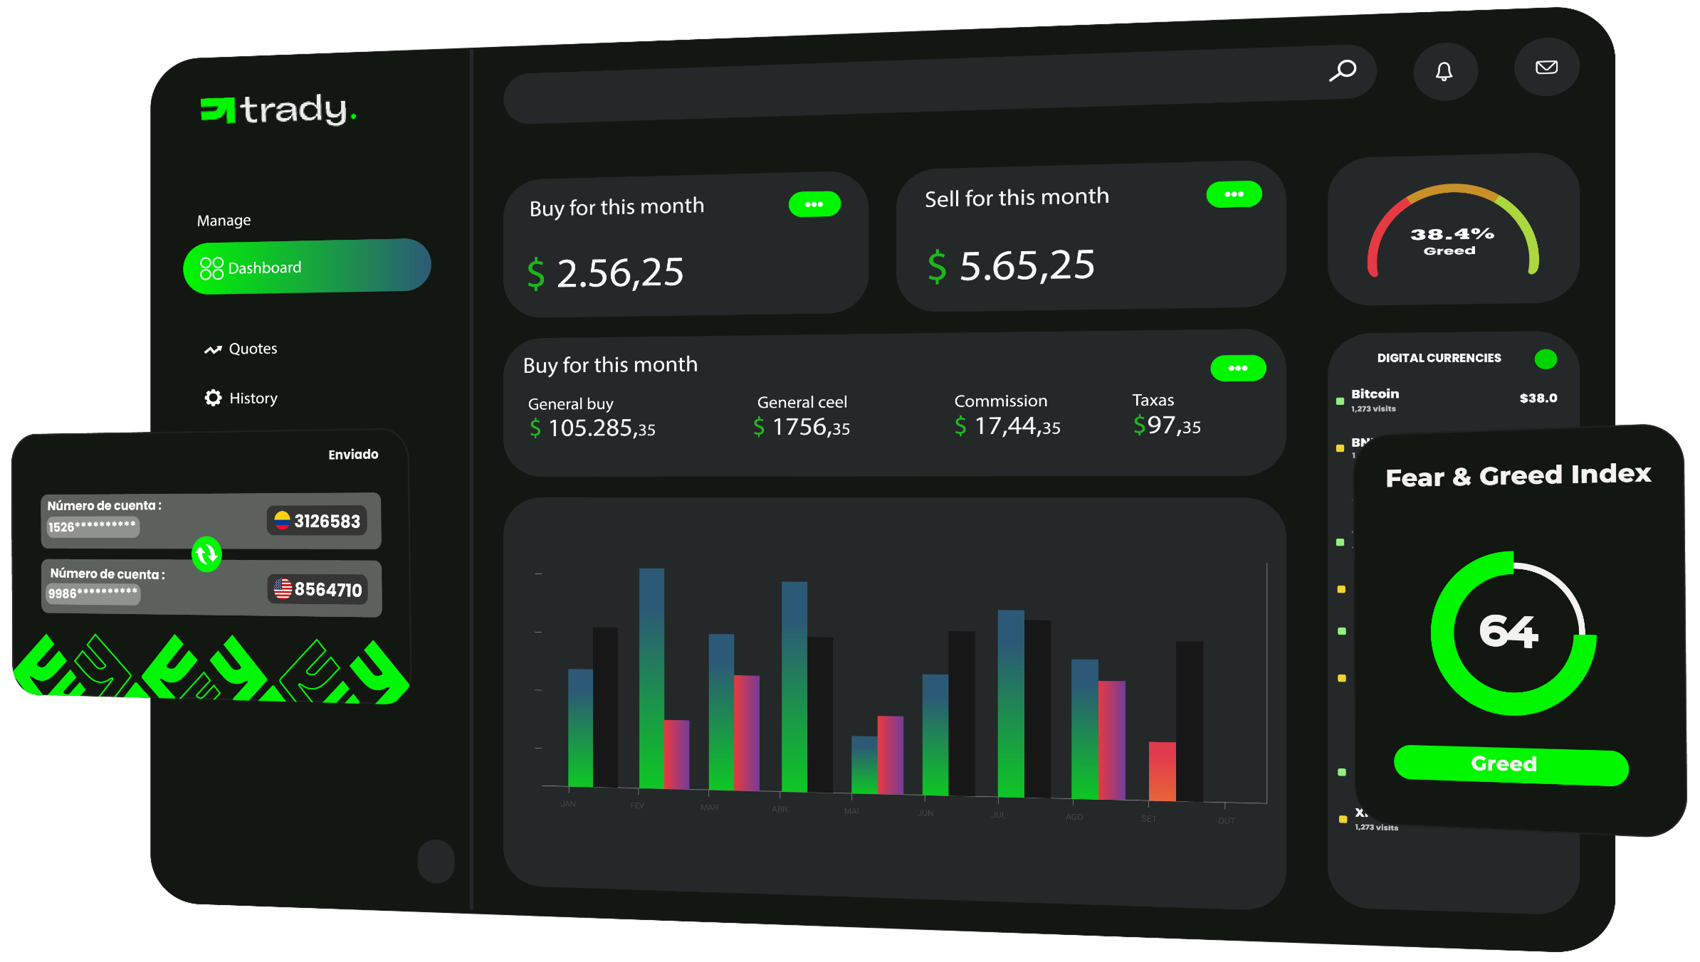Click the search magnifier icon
pos(1343,70)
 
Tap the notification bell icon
pos(1444,71)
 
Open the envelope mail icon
pos(1546,68)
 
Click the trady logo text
pos(294,110)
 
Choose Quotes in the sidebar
pos(253,349)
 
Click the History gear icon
pos(213,398)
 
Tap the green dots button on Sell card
pos(1234,194)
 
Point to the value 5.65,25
pos(1026,265)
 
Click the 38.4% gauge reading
pos(1452,234)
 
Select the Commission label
pos(1000,401)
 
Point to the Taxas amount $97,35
pos(1167,425)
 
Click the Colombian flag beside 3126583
pos(282,520)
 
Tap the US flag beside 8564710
pos(283,588)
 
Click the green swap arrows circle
pos(206,554)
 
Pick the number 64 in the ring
pos(1509,631)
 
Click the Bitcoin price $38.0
pos(1538,398)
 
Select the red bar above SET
pos(1162,771)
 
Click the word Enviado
pos(353,455)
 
